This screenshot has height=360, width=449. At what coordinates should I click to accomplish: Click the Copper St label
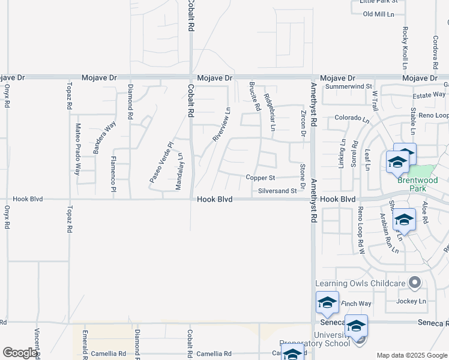click(x=260, y=178)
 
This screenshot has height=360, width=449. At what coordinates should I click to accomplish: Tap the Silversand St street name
click(x=277, y=191)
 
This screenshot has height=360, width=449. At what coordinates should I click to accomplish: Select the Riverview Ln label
click(x=221, y=124)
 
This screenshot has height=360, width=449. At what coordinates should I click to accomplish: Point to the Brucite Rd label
click(x=256, y=97)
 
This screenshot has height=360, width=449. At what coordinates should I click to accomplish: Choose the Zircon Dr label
click(x=303, y=122)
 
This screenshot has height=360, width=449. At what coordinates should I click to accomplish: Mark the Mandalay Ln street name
click(x=178, y=172)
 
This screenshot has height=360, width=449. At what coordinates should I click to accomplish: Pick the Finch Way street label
click(x=356, y=304)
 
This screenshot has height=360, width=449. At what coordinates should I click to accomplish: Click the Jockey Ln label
click(x=411, y=301)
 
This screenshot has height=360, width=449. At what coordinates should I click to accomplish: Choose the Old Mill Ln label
click(x=379, y=14)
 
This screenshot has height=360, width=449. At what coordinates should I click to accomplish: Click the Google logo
click(x=20, y=353)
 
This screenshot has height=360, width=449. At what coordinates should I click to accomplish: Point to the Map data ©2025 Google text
click(x=412, y=355)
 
